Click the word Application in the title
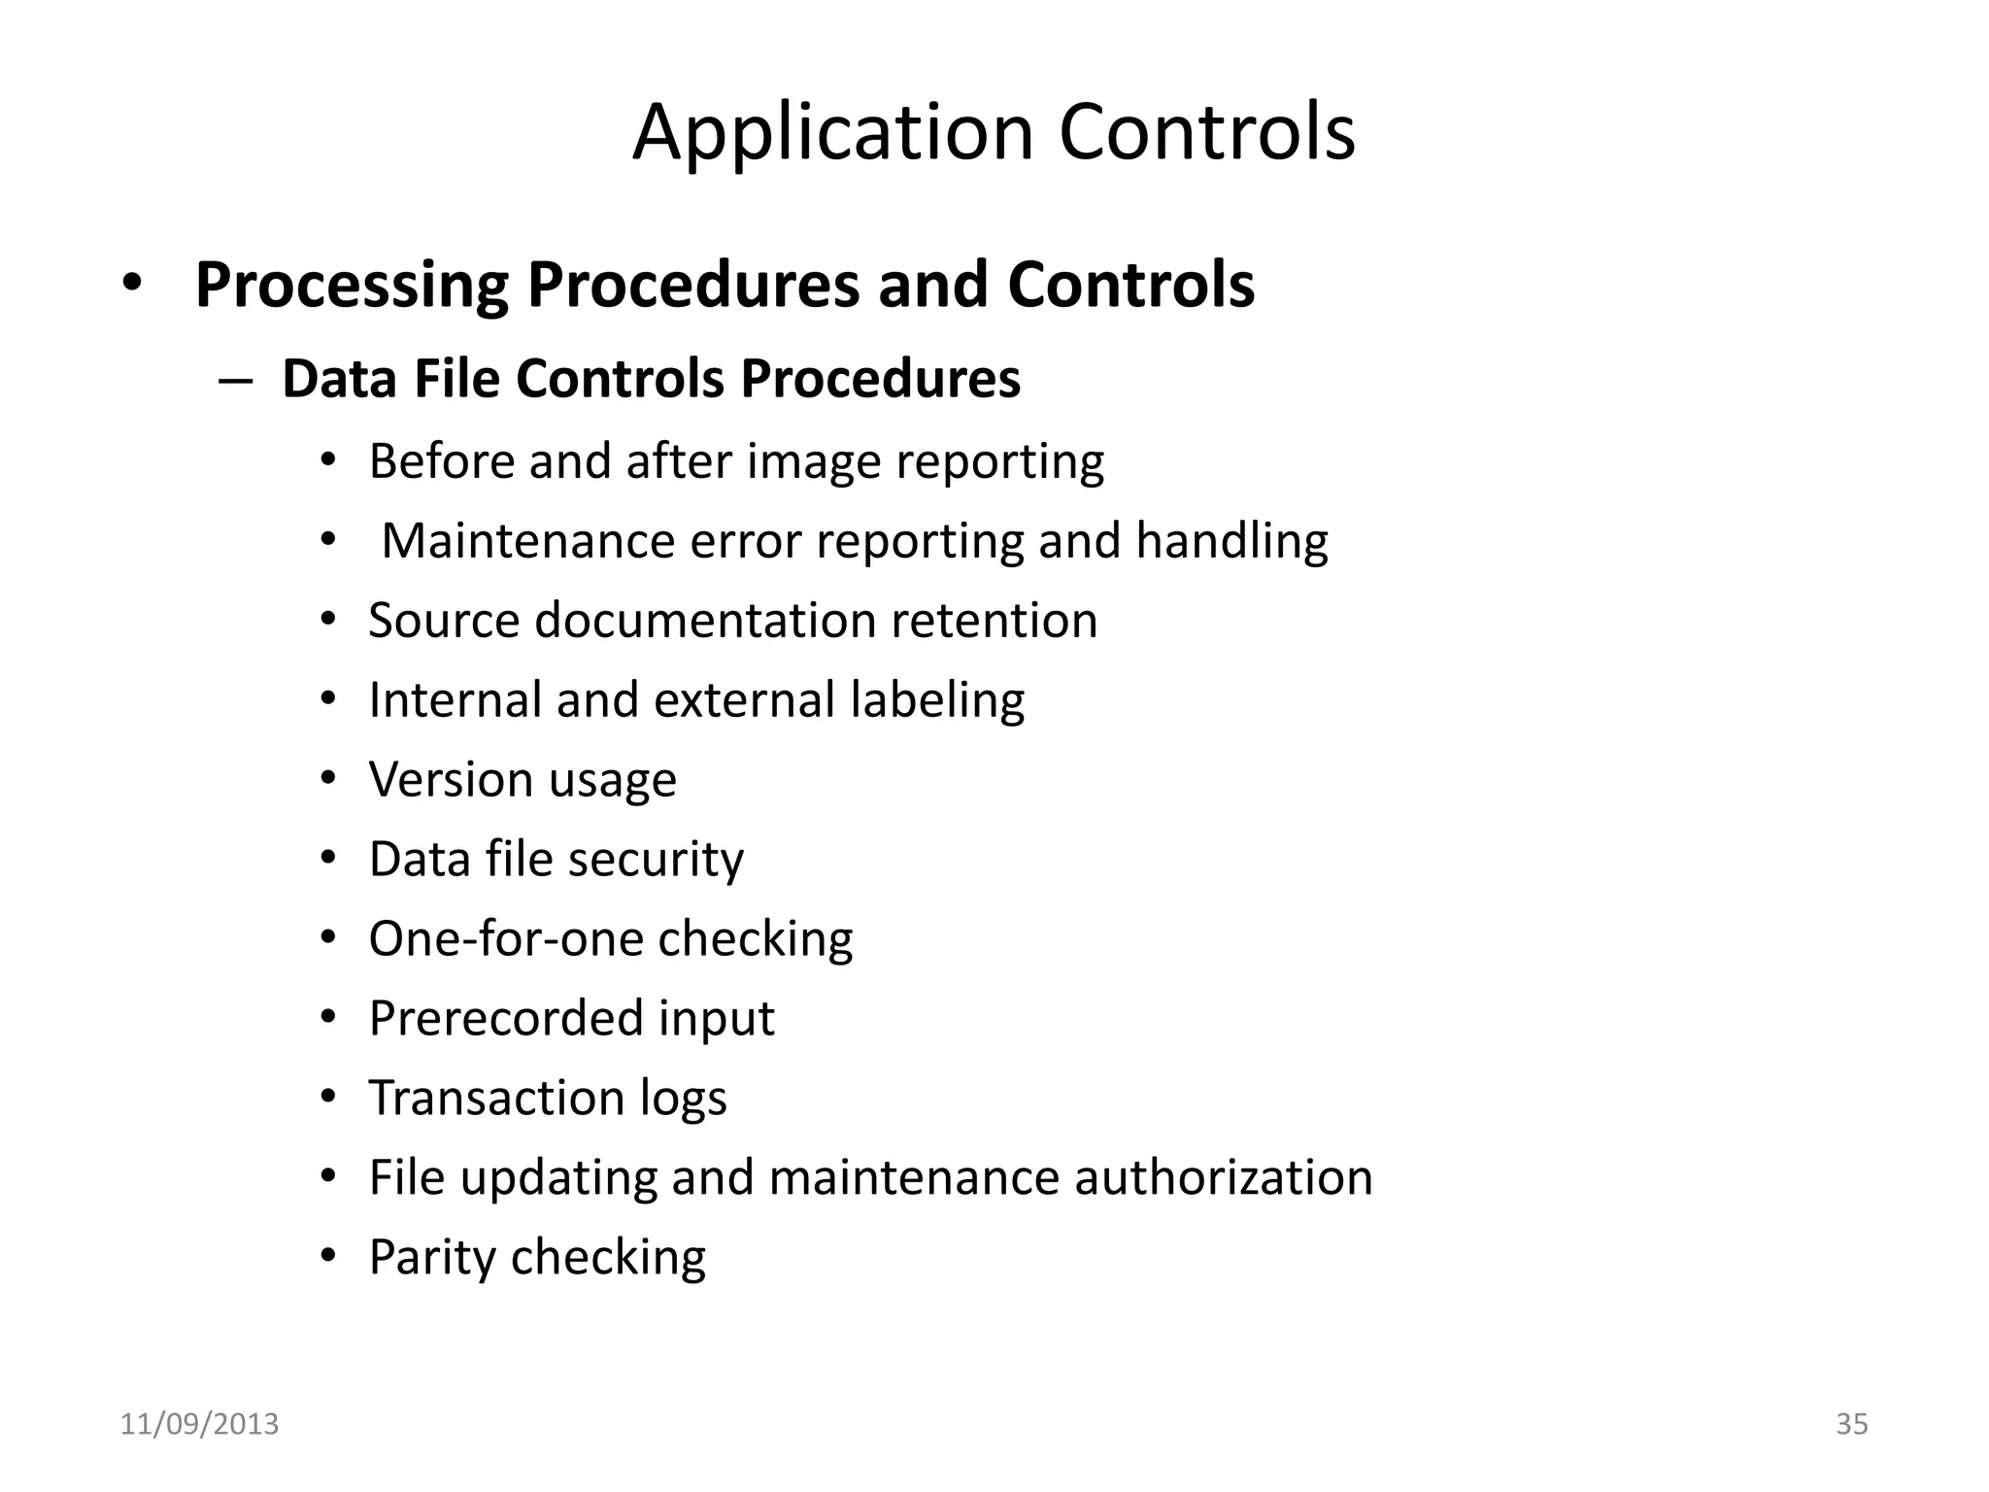(833, 133)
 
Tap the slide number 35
(1851, 1424)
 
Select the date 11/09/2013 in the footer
(199, 1424)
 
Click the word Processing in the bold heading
(352, 286)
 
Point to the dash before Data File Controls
(236, 380)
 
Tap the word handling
(1231, 541)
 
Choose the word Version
(452, 780)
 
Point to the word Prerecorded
(505, 1019)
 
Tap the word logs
(683, 1099)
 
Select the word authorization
(1223, 1178)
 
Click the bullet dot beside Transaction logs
(328, 1097)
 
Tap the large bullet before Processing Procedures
(132, 284)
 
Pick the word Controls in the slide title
(1206, 133)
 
